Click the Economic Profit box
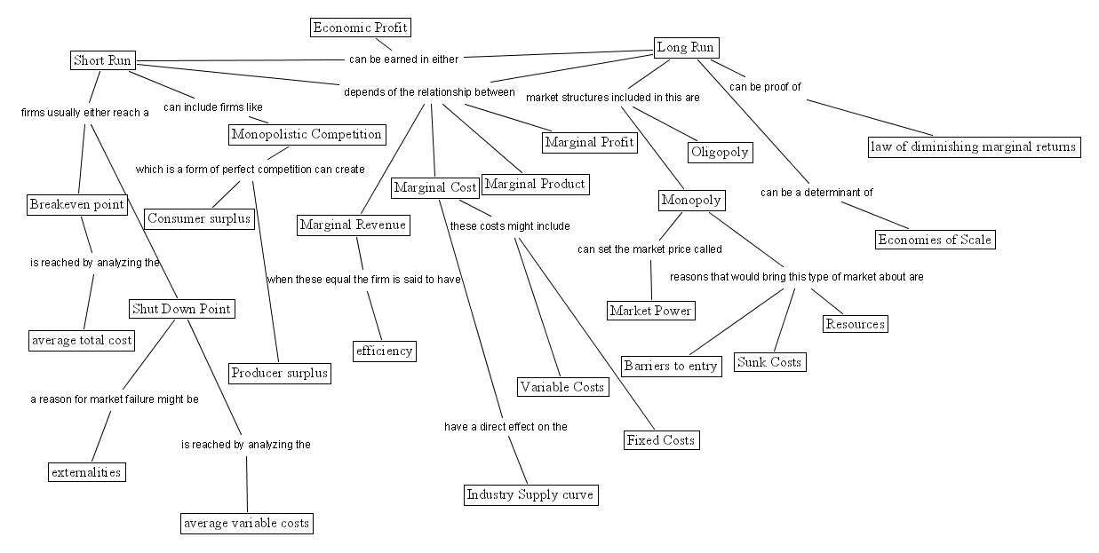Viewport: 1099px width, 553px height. (x=361, y=28)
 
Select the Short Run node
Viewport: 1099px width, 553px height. (x=102, y=60)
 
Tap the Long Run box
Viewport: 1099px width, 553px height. (x=687, y=48)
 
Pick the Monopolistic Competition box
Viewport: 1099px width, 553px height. (x=307, y=135)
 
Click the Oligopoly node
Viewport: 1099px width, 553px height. (x=720, y=153)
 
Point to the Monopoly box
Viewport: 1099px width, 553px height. (x=691, y=201)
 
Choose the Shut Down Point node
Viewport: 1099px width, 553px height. (x=181, y=309)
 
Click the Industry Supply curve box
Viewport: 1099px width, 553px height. (x=531, y=495)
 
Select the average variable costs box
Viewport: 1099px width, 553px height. (x=247, y=524)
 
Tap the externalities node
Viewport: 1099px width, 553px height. (x=87, y=472)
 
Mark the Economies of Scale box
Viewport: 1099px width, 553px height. (x=936, y=240)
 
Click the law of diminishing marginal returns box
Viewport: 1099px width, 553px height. (x=974, y=147)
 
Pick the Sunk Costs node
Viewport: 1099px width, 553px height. (x=769, y=362)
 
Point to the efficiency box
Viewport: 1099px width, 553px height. (x=385, y=352)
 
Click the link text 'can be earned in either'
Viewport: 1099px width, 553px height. (x=403, y=59)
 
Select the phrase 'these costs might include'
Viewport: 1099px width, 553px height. (x=510, y=226)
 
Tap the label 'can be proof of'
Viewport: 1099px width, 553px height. (x=765, y=87)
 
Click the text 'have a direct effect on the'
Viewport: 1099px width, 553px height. (x=506, y=427)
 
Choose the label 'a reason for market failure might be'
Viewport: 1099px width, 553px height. (x=115, y=399)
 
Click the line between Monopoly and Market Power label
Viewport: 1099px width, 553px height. (x=670, y=226)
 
